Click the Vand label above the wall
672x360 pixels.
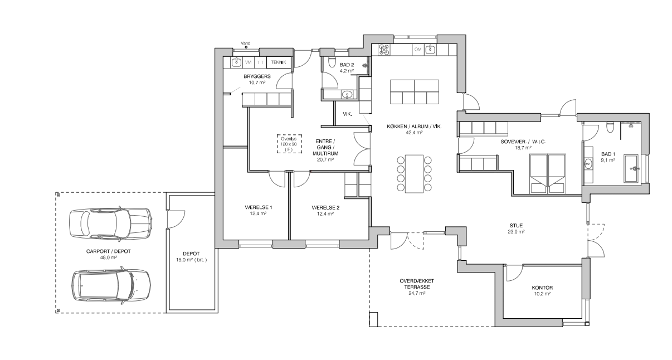(245, 43)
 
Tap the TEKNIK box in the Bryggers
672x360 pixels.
(279, 62)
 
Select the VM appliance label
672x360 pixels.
(248, 62)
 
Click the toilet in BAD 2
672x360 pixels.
(332, 62)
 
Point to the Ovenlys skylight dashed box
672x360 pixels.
(289, 144)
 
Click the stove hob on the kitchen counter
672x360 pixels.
(384, 50)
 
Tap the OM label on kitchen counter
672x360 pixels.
(417, 50)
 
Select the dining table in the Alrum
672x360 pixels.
(414, 174)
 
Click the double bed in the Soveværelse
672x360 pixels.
(548, 174)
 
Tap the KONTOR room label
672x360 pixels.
(542, 288)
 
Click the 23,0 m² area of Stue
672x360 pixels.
(516, 232)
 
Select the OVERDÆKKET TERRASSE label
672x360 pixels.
(417, 284)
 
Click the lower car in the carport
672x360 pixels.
(111, 285)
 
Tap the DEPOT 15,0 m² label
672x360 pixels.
(191, 257)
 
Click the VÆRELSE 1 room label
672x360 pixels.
(259, 207)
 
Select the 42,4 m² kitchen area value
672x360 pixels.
(414, 132)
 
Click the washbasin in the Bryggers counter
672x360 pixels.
(237, 62)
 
